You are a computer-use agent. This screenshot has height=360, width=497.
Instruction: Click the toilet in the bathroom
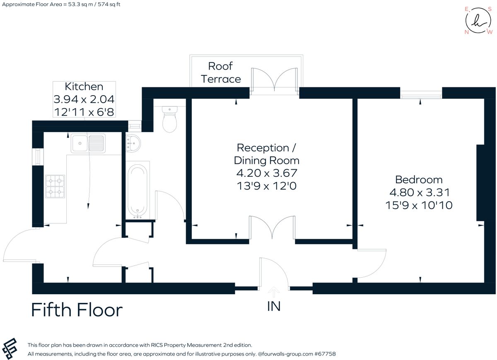[x=169, y=120]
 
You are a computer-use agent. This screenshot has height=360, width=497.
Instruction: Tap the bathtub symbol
[x=137, y=190]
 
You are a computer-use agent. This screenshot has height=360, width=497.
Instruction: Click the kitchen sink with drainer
[x=87, y=143]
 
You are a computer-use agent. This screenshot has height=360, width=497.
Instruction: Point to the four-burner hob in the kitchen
[x=55, y=186]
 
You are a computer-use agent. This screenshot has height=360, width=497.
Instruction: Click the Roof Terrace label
[x=221, y=72]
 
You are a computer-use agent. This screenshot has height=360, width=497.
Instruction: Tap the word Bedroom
[x=419, y=180]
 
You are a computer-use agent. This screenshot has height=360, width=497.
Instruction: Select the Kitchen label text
[x=84, y=86]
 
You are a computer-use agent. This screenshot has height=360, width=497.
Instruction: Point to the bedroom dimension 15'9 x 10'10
[x=419, y=205]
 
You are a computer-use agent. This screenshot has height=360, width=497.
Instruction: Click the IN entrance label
[x=274, y=306]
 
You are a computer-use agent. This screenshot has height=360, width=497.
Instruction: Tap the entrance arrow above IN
[x=274, y=292]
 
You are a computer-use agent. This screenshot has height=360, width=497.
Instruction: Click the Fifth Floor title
[x=77, y=310]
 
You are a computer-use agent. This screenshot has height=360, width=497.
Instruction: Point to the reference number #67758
[x=325, y=354]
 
